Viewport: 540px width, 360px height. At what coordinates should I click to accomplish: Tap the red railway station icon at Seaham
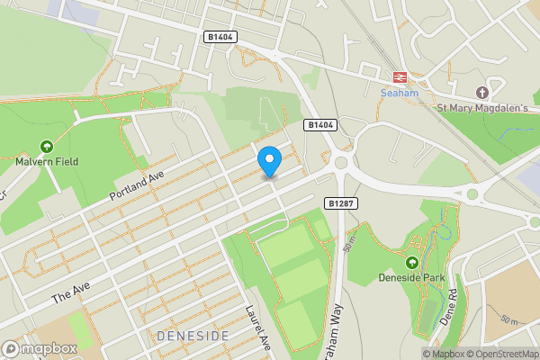[398, 76]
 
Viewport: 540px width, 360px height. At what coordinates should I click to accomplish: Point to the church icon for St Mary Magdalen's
[482, 93]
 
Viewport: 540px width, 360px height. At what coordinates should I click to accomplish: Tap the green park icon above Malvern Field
[46, 146]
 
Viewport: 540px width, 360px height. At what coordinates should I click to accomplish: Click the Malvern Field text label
[47, 162]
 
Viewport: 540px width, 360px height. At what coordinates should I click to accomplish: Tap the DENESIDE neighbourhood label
[193, 336]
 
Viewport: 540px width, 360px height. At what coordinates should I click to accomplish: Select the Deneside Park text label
[412, 277]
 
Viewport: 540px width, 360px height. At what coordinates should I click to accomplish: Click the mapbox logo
[39, 348]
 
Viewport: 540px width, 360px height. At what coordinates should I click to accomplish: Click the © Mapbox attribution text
[447, 354]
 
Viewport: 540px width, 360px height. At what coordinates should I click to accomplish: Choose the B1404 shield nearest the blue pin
[319, 124]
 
